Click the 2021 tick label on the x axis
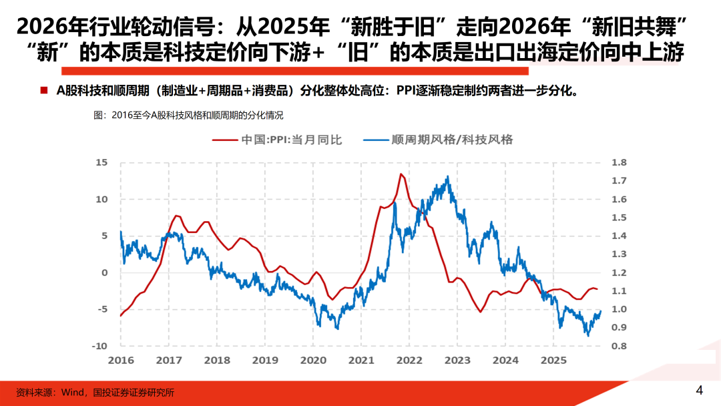tap(361, 360)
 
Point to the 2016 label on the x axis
tap(121, 360)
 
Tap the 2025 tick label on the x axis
tap(553, 360)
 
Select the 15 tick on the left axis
tap(101, 162)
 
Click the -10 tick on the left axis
tap(99, 346)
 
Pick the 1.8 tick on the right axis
tap(619, 162)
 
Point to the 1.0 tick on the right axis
tap(619, 309)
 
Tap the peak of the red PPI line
tap(401, 174)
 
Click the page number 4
tap(699, 391)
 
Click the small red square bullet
tap(44, 90)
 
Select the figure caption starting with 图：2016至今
tap(189, 116)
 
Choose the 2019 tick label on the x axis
tap(265, 360)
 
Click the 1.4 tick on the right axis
tap(619, 236)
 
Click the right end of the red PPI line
tap(597, 289)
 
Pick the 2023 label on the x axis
tap(457, 360)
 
